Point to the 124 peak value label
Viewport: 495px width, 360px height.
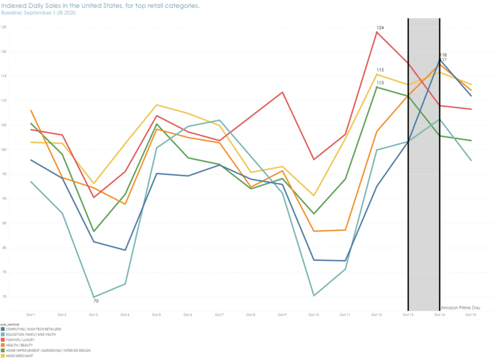click(380, 28)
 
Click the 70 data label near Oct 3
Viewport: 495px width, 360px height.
click(96, 301)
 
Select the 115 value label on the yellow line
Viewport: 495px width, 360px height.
click(380, 70)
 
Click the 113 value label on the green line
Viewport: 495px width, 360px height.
click(380, 83)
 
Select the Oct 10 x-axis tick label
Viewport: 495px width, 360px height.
click(314, 315)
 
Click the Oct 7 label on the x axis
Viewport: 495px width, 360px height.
click(219, 315)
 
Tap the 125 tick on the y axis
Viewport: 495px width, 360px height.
click(4, 27)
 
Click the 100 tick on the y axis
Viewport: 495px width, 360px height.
click(4, 150)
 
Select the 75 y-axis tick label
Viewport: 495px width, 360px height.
click(4, 272)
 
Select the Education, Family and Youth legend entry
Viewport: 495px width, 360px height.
click(32, 334)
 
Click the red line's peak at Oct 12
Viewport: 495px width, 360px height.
click(377, 32)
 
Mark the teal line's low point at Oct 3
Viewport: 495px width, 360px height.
click(94, 297)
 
